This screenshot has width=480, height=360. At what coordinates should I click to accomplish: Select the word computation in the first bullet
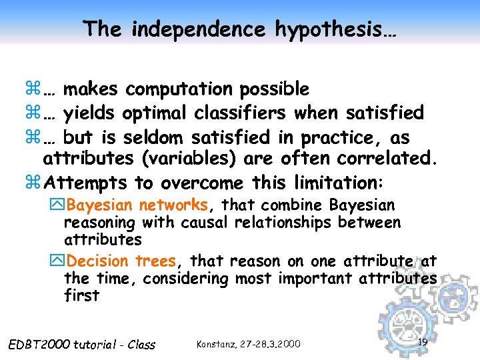pyautogui.click(x=179, y=89)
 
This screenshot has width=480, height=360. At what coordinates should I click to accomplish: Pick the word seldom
pyautogui.click(x=154, y=137)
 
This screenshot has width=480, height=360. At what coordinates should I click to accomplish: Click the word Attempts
pyautogui.click(x=89, y=183)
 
